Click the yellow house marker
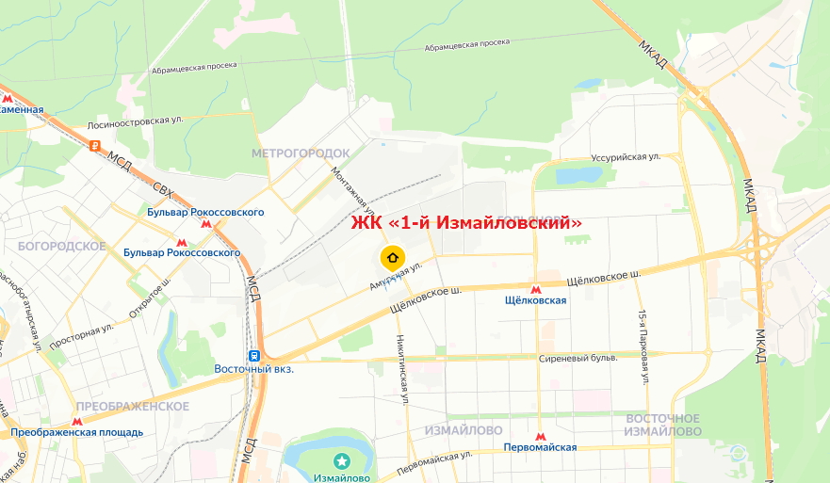click(x=393, y=257)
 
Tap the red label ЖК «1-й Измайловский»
click(x=466, y=223)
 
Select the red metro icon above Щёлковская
click(x=535, y=289)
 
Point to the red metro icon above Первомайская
click(x=540, y=437)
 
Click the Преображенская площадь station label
click(x=77, y=433)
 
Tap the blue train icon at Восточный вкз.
click(x=253, y=356)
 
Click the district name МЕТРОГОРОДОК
click(x=301, y=153)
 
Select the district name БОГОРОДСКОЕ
click(x=61, y=246)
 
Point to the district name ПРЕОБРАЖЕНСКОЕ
click(x=133, y=406)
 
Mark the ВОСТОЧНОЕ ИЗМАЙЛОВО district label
click(x=664, y=425)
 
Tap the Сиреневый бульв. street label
click(x=578, y=359)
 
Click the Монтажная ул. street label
click(x=354, y=188)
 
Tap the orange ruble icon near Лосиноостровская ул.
click(x=94, y=145)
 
